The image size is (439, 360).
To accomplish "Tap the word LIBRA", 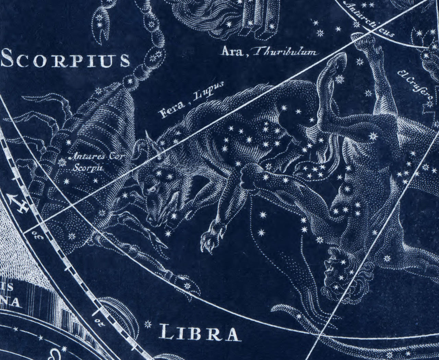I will (x=199, y=334).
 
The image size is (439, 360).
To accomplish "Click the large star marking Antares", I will (x=62, y=162).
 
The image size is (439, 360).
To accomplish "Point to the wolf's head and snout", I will (x=154, y=202).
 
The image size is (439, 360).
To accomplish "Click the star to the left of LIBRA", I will (x=148, y=324).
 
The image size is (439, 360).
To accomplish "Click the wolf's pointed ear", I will (x=147, y=137).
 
